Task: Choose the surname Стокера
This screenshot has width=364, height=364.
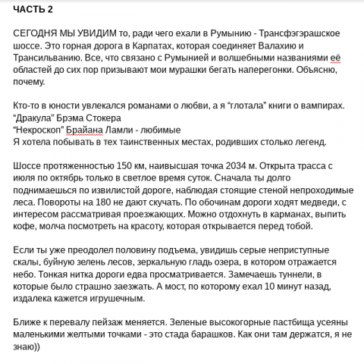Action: click(115, 118)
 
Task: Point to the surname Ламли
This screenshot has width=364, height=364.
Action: click(127, 130)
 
